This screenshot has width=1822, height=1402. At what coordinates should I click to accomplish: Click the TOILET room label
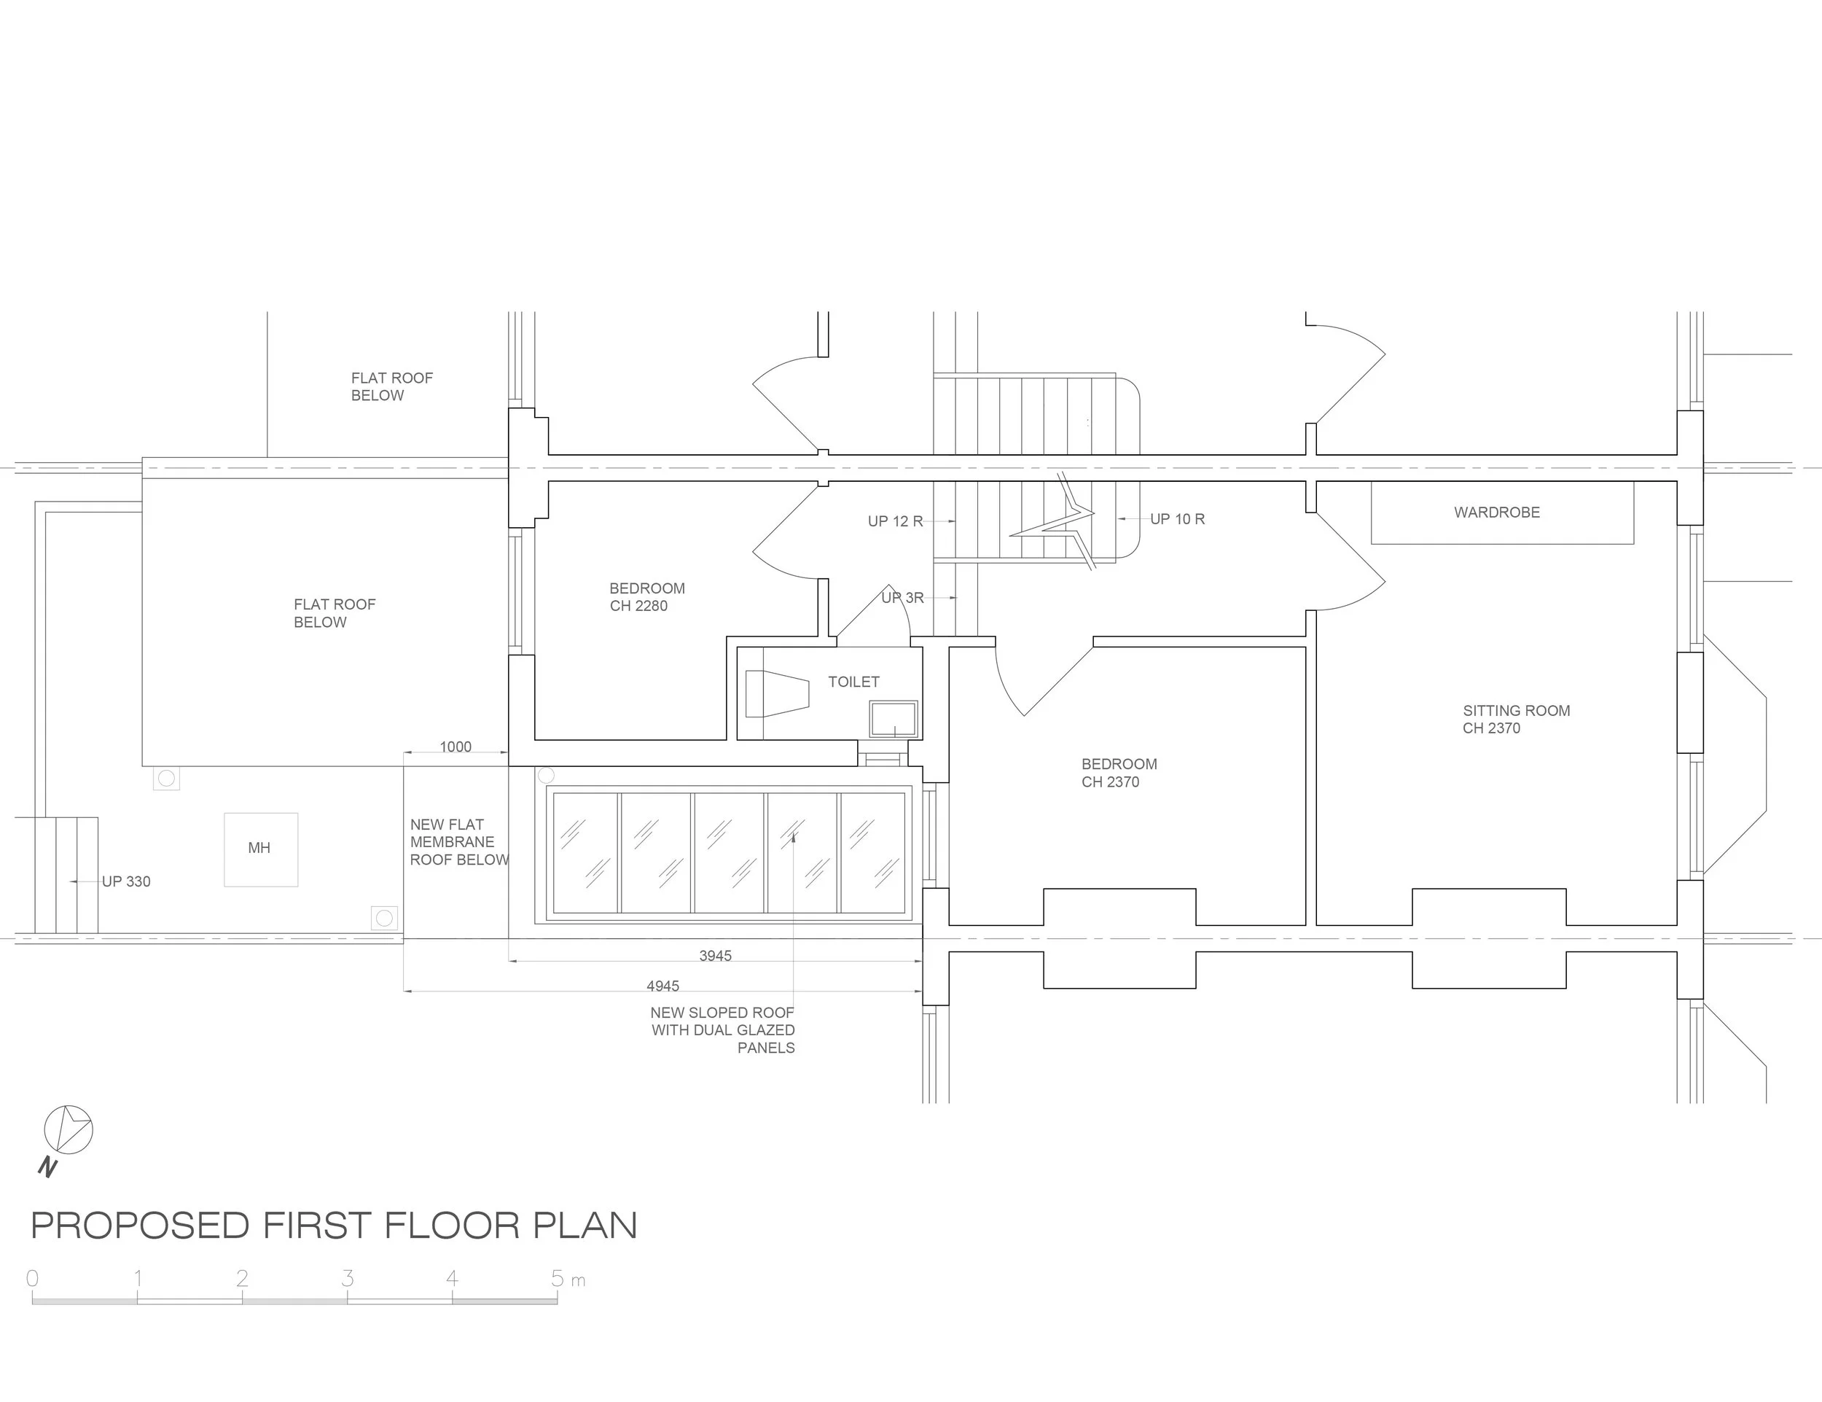click(853, 682)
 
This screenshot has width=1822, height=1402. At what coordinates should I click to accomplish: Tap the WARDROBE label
click(1497, 513)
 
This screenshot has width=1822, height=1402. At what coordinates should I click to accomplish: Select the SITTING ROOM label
click(1516, 711)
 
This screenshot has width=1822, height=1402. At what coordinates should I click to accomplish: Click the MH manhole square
click(260, 849)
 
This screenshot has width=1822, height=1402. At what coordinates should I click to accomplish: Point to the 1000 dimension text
click(455, 747)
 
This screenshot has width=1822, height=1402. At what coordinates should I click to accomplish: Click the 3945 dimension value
click(715, 956)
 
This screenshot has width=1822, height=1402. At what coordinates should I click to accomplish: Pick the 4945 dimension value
click(662, 986)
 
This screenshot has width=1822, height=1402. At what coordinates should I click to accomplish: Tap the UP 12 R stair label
click(895, 521)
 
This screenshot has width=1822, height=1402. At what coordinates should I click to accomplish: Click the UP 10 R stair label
click(1177, 519)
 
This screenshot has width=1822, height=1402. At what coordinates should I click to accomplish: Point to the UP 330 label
click(126, 881)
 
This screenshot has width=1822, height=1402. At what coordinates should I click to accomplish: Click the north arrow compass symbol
click(69, 1131)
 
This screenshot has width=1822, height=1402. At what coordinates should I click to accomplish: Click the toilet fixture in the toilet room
click(777, 693)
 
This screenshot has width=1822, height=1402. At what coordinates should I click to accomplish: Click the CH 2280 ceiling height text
click(638, 607)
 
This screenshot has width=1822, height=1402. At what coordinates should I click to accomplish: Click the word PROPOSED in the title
click(140, 1226)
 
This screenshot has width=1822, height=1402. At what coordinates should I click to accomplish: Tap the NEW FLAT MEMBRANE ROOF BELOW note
click(458, 842)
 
